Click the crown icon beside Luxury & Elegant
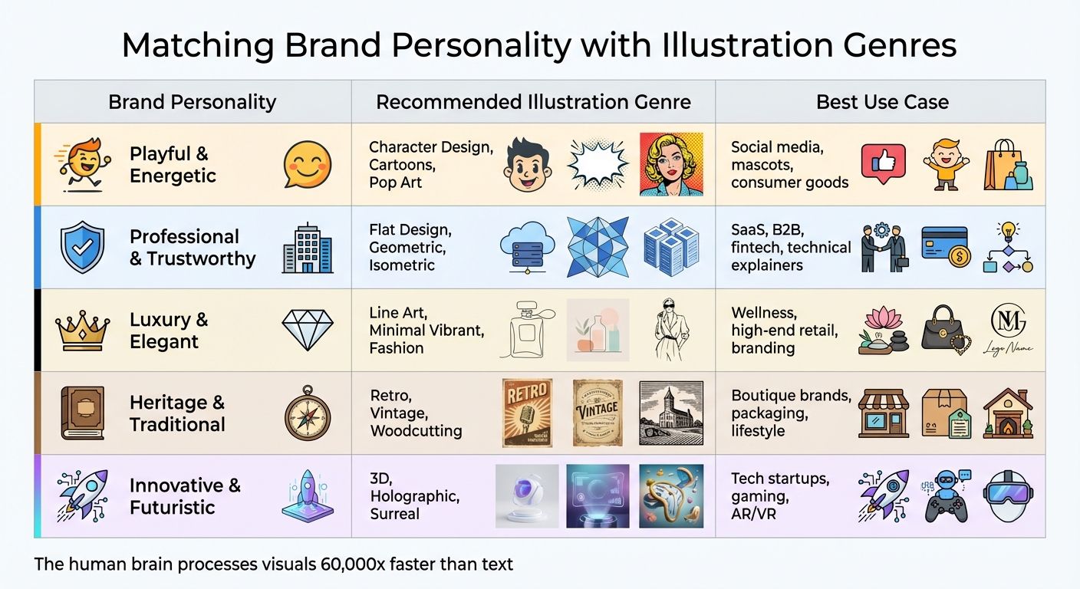(82, 330)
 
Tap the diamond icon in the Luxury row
(307, 330)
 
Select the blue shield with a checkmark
(82, 247)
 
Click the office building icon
(307, 248)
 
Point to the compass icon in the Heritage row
(307, 413)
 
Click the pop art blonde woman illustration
(671, 164)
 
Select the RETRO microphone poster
(527, 413)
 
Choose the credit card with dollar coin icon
(946, 247)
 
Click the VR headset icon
(1009, 495)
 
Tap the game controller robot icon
(946, 495)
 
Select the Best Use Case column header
(882, 102)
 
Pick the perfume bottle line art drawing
(527, 330)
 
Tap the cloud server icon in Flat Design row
(527, 247)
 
